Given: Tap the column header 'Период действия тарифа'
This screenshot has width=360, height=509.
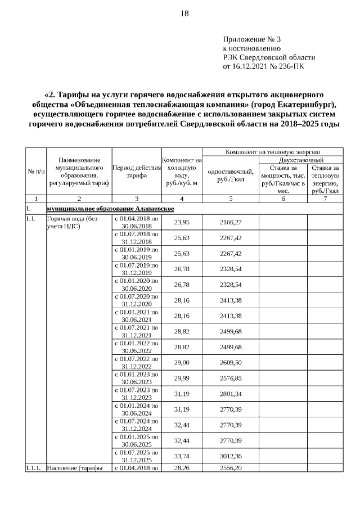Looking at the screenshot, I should pyautogui.click(x=137, y=172).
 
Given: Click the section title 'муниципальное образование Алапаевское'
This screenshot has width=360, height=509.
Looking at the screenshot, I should pyautogui.click(x=111, y=209).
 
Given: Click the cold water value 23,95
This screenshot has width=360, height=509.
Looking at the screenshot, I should pyautogui.click(x=181, y=223).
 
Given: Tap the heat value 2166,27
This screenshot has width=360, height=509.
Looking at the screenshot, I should pyautogui.click(x=230, y=223).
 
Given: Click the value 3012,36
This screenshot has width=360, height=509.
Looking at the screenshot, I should pyautogui.click(x=230, y=456).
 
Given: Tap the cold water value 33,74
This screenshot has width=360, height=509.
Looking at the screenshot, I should pyautogui.click(x=181, y=456).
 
